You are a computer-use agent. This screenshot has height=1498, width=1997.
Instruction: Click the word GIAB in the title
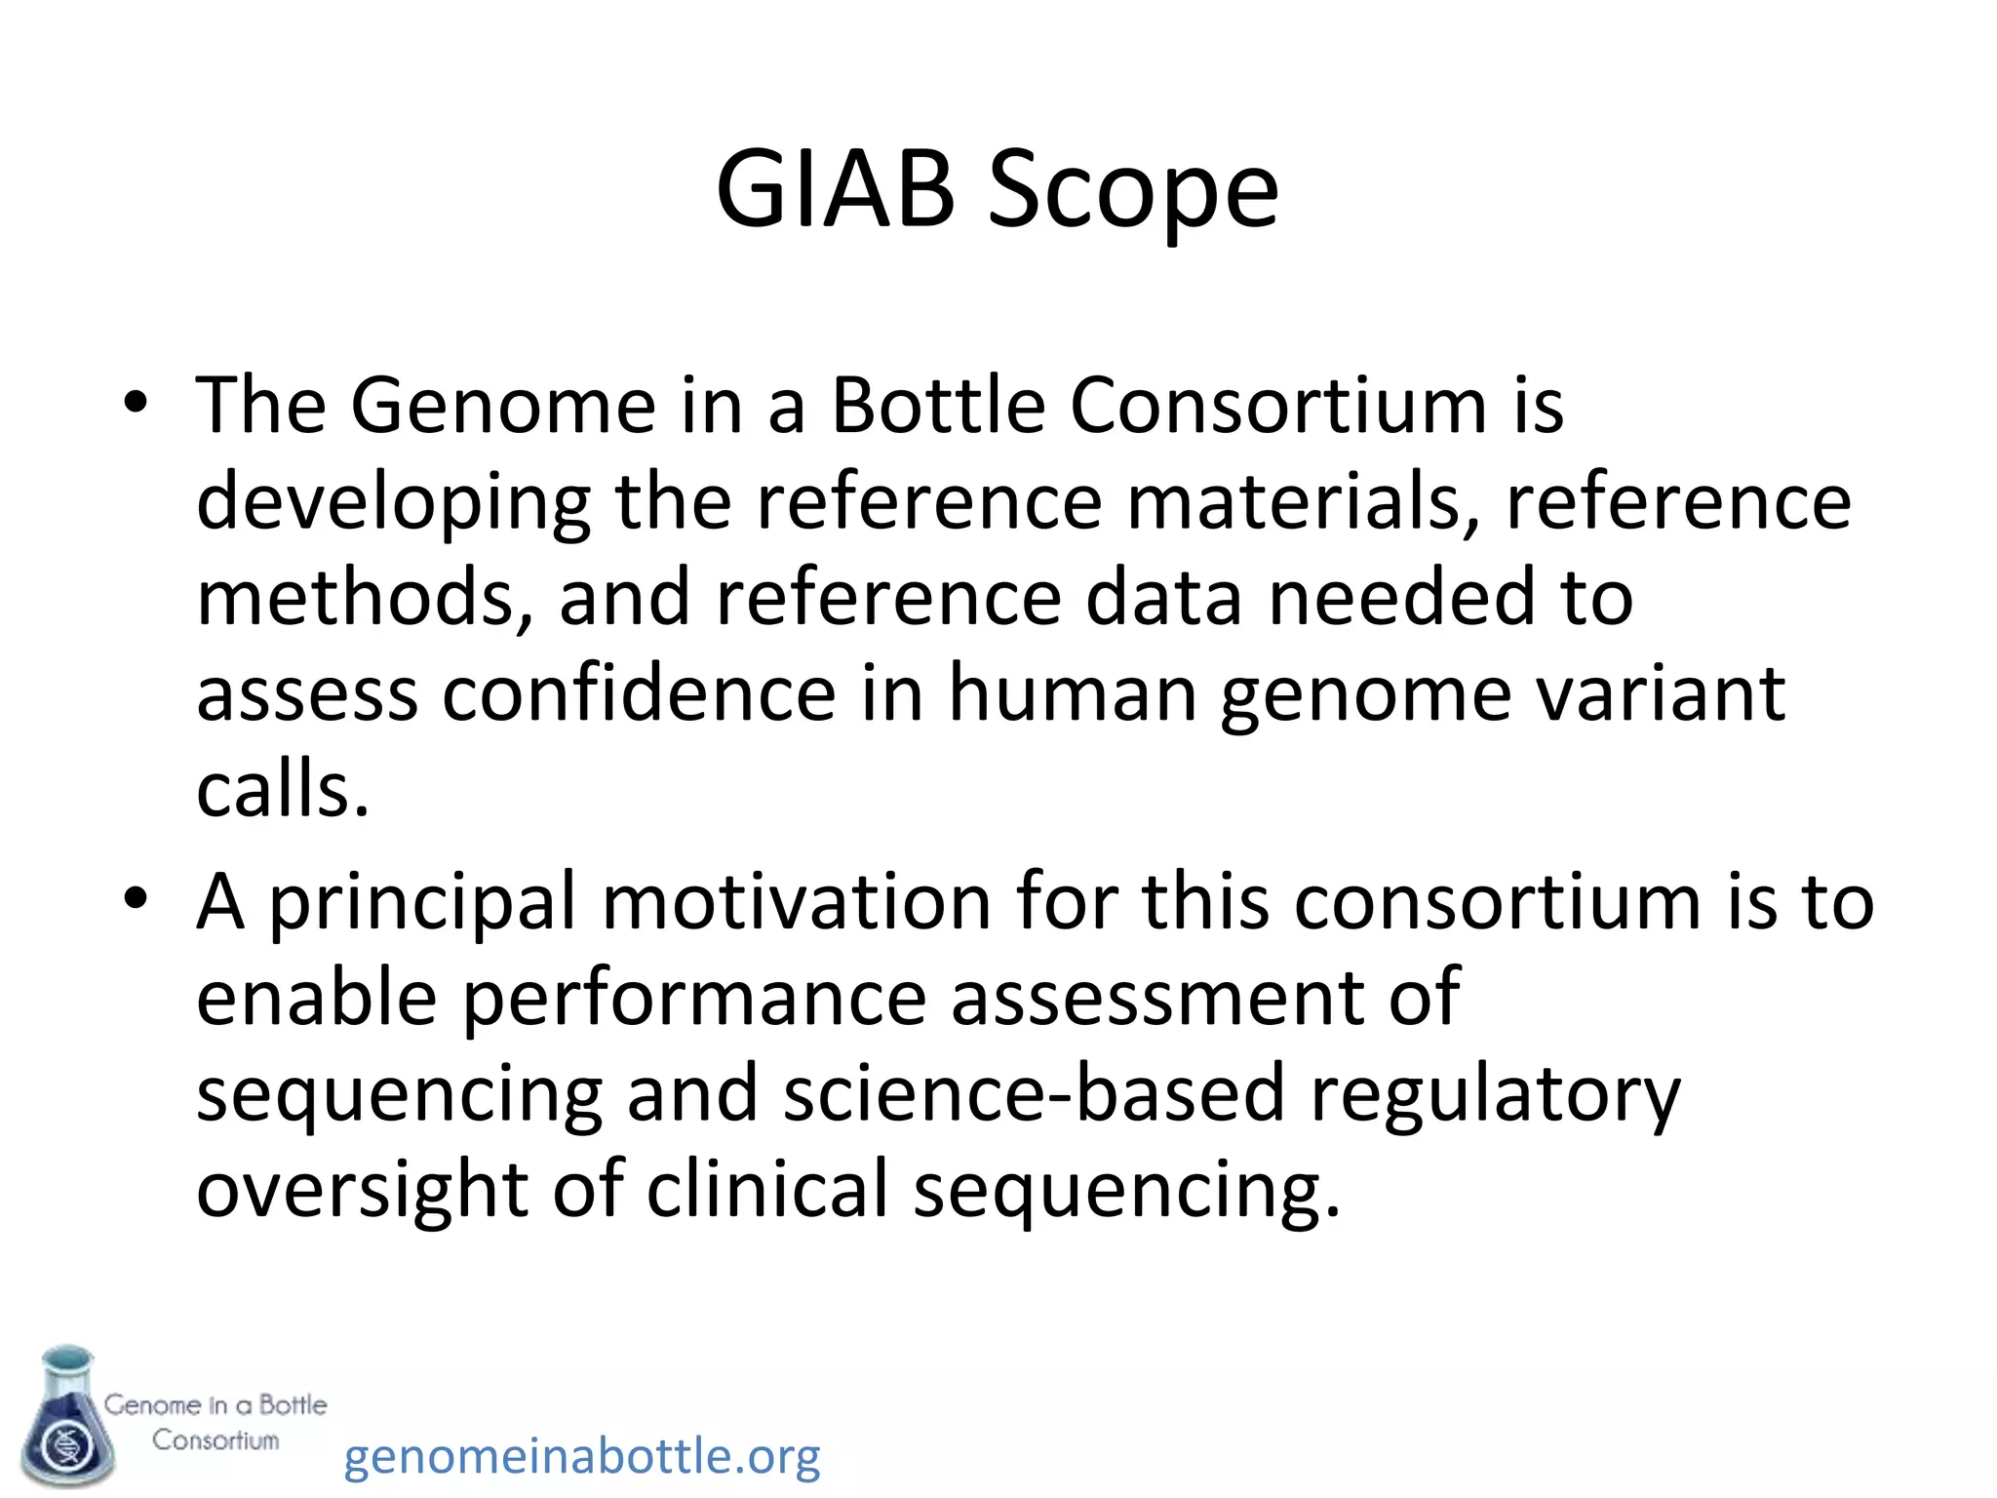pyautogui.click(x=835, y=189)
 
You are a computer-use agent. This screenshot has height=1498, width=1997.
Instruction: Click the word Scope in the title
pyautogui.click(x=1133, y=189)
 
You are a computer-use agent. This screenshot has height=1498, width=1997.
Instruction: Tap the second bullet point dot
pyautogui.click(x=136, y=899)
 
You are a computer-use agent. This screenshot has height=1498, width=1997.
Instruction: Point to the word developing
pyautogui.click(x=393, y=504)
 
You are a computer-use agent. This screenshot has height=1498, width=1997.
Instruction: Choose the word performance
pyautogui.click(x=693, y=999)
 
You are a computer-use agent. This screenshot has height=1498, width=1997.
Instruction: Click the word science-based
pyautogui.click(x=1033, y=1092)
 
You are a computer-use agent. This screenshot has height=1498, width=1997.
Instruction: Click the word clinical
pyautogui.click(x=767, y=1188)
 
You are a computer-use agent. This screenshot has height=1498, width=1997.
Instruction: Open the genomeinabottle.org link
pyautogui.click(x=582, y=1456)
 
